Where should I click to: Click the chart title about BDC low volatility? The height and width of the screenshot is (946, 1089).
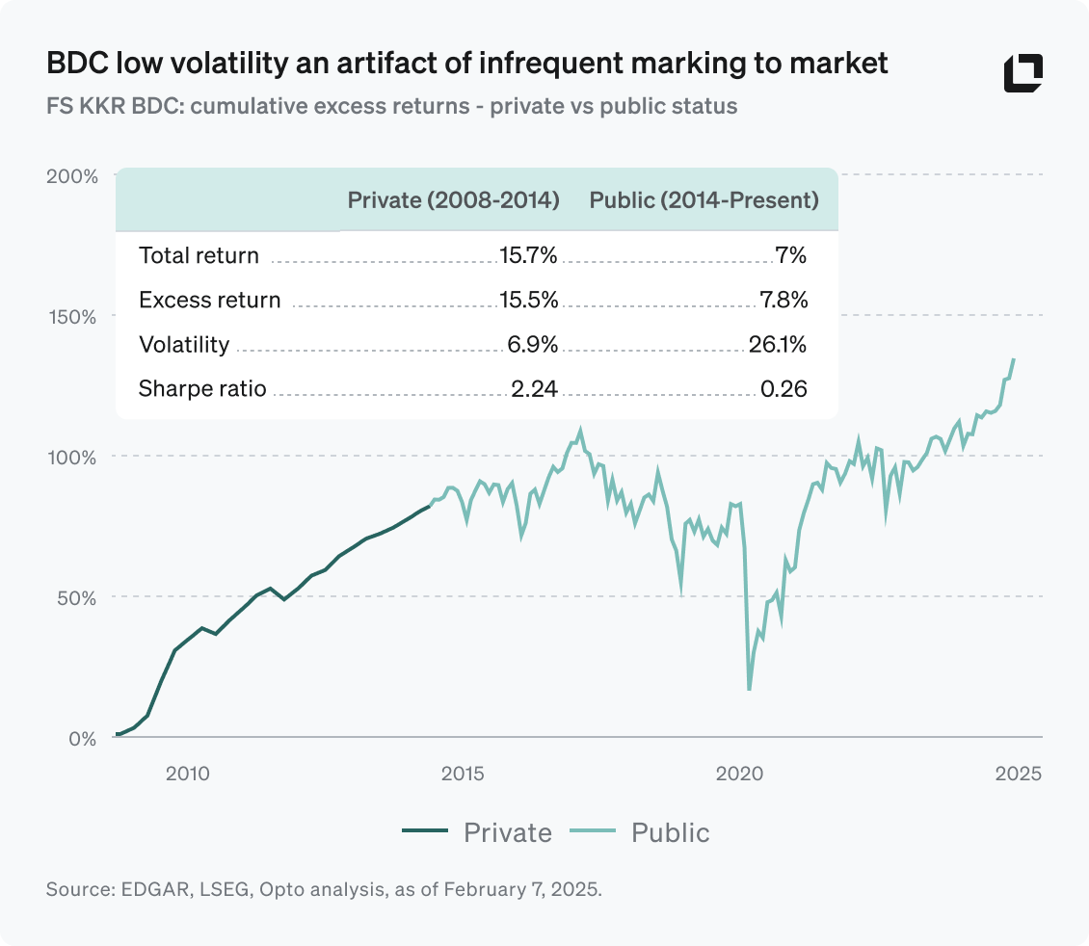click(x=466, y=65)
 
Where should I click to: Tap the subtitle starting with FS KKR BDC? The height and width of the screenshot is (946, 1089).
click(x=391, y=106)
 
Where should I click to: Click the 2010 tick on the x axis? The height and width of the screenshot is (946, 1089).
click(x=187, y=773)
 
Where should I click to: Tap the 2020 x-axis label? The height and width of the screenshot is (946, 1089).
click(x=740, y=773)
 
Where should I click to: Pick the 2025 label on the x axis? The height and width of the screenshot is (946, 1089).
click(x=1018, y=773)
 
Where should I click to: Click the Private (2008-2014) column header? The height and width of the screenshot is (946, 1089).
click(x=453, y=200)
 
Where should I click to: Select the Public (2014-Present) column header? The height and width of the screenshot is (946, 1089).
click(x=704, y=200)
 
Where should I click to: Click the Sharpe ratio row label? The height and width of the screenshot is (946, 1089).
click(x=202, y=389)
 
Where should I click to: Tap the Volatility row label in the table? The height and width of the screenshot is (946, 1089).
click(x=184, y=345)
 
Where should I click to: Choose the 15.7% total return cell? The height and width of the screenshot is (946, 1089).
click(x=528, y=256)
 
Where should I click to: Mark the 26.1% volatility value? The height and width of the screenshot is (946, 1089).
click(x=778, y=345)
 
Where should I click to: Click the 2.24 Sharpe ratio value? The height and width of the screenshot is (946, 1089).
click(x=535, y=389)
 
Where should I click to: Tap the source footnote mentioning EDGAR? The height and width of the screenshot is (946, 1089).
click(x=324, y=889)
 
